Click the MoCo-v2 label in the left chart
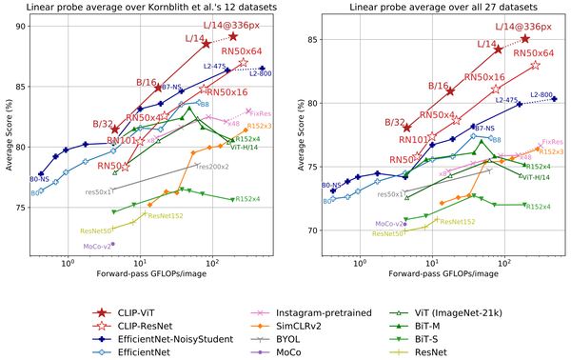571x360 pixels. tap(96, 246)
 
